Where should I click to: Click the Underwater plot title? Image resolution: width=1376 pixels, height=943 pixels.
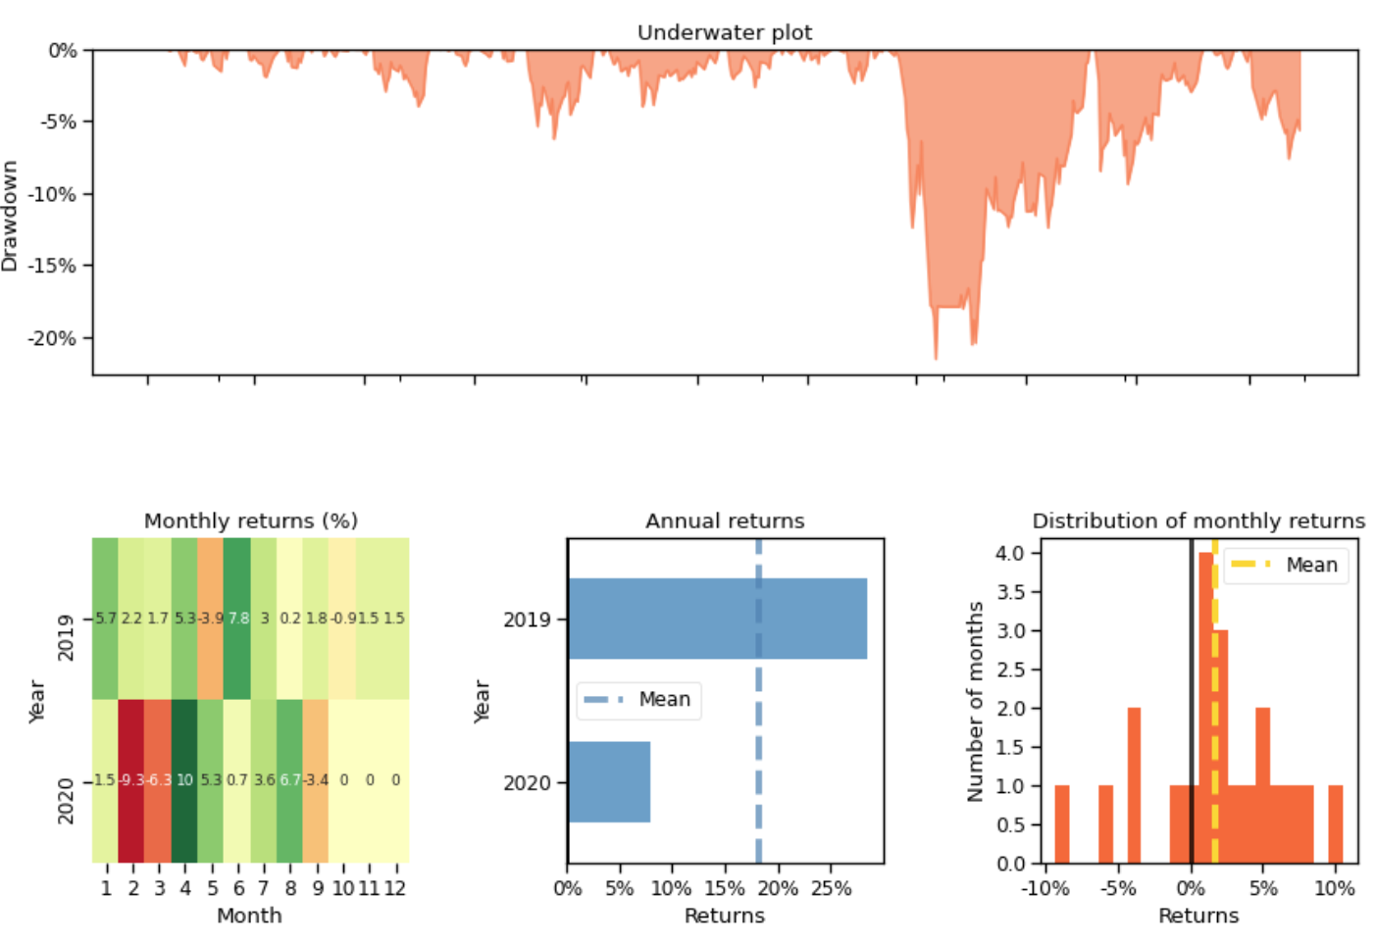724,32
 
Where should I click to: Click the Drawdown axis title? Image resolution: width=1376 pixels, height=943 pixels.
10,216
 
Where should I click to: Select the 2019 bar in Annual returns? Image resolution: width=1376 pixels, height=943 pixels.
717,619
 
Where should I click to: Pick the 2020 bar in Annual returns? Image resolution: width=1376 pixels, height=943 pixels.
609,781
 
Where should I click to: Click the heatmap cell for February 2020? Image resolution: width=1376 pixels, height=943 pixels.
131,780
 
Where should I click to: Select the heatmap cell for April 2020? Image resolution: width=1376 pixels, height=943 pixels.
184,780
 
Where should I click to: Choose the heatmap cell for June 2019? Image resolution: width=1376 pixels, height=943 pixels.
237,619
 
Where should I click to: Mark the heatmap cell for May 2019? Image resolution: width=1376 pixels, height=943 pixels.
211,619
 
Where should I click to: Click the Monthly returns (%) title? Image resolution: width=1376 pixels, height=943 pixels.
250,521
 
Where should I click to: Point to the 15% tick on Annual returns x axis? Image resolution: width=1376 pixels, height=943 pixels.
725,888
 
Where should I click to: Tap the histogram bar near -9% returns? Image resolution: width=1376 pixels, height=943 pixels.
1062,823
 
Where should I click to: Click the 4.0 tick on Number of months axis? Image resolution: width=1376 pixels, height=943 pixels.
1009,553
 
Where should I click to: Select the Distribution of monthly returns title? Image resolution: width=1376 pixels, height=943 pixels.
1198,521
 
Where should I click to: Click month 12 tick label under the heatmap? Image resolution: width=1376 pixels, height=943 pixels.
395,888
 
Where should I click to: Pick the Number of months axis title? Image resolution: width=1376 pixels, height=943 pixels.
975,701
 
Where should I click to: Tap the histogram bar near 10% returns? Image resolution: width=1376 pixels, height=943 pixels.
1336,823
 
